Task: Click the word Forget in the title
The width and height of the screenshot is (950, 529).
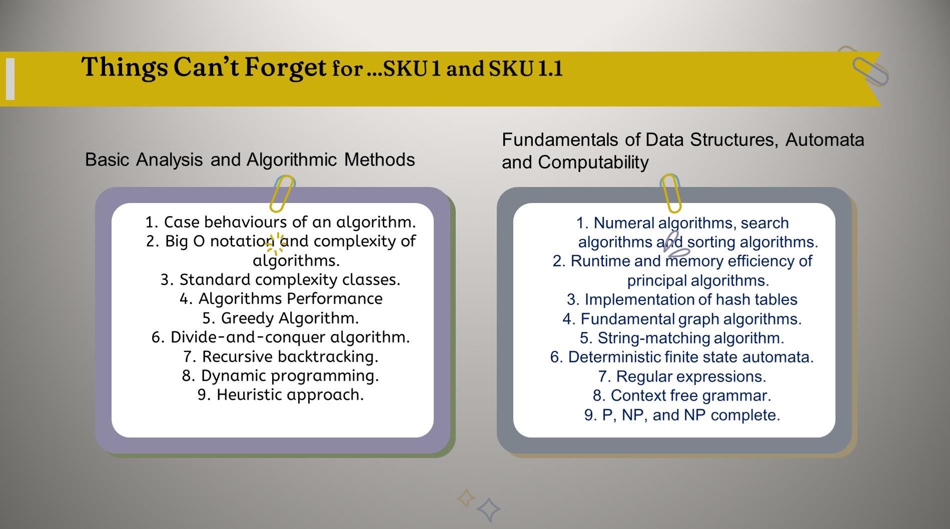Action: (x=285, y=68)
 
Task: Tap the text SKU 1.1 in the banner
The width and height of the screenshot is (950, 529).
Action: (x=526, y=68)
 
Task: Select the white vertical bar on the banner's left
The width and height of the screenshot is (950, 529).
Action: (x=10, y=79)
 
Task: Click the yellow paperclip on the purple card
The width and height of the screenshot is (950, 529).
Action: (x=283, y=193)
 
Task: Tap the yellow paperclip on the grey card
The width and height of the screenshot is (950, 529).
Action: (x=671, y=193)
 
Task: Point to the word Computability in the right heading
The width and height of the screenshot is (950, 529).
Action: (x=593, y=162)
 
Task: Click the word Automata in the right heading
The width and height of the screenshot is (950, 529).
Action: (x=824, y=139)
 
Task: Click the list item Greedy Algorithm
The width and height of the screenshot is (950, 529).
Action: (x=281, y=318)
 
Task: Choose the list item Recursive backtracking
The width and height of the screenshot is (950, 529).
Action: (x=281, y=356)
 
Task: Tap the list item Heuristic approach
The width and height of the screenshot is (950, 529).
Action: (x=281, y=394)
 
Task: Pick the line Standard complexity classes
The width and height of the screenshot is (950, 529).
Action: (x=281, y=279)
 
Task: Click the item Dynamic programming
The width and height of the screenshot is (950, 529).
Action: (x=281, y=375)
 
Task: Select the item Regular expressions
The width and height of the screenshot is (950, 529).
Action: (x=682, y=376)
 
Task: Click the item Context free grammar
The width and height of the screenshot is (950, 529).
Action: (x=682, y=395)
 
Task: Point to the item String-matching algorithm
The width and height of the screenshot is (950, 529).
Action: (x=682, y=338)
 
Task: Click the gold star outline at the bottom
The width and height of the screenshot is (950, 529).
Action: (x=466, y=497)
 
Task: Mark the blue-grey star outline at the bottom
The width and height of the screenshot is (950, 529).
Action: (x=488, y=509)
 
